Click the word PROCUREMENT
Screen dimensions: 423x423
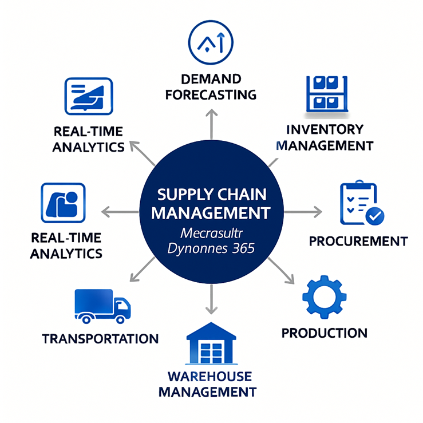point(358,241)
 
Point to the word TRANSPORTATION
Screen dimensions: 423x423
point(100,338)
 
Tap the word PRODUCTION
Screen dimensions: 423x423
point(324,333)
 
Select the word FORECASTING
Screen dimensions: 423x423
point(211,94)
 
